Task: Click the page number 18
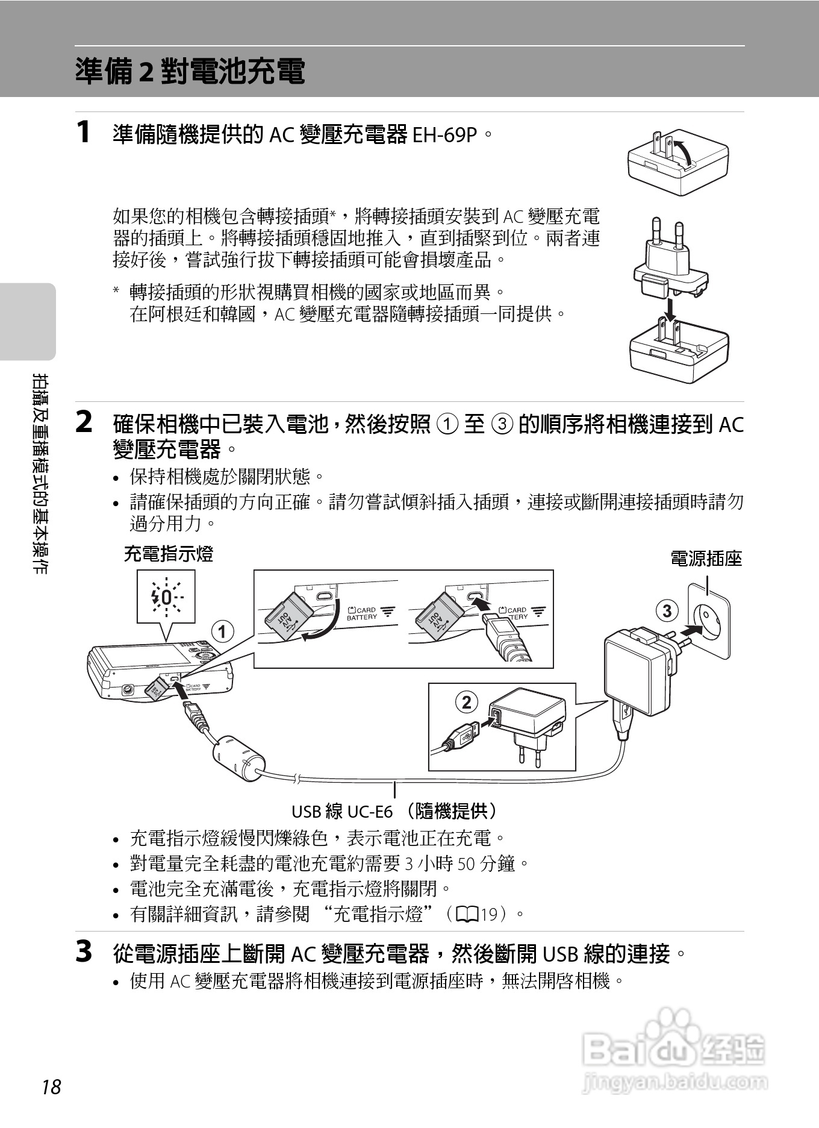[x=52, y=1086]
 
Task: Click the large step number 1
[x=84, y=132]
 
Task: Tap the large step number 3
[x=84, y=952]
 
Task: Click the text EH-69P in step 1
[x=444, y=135]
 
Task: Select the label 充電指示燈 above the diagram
[x=168, y=553]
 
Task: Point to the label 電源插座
[x=706, y=559]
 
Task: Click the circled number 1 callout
[x=222, y=631]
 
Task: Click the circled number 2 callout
[x=466, y=702]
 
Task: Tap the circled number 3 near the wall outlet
[x=667, y=611]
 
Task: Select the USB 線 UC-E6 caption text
[x=394, y=812]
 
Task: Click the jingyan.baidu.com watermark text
[x=675, y=1082]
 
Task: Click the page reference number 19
[x=488, y=915]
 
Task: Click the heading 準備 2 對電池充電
[x=190, y=72]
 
